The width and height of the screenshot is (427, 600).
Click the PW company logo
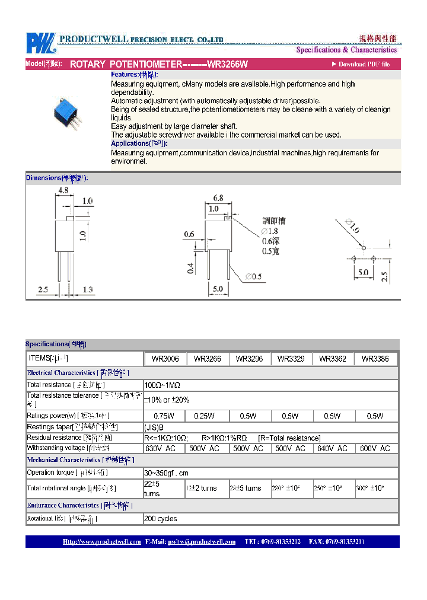point(40,43)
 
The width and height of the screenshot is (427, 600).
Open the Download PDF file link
point(364,64)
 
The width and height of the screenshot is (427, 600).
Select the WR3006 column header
point(165,359)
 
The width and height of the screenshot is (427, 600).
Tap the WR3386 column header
point(375,359)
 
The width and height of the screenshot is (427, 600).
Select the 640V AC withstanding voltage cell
point(332,449)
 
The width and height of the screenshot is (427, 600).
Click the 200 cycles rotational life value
point(161,519)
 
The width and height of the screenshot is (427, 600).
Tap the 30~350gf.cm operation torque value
point(167,473)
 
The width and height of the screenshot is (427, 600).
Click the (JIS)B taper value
point(154,427)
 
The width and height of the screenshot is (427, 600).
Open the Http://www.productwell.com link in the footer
point(101,541)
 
